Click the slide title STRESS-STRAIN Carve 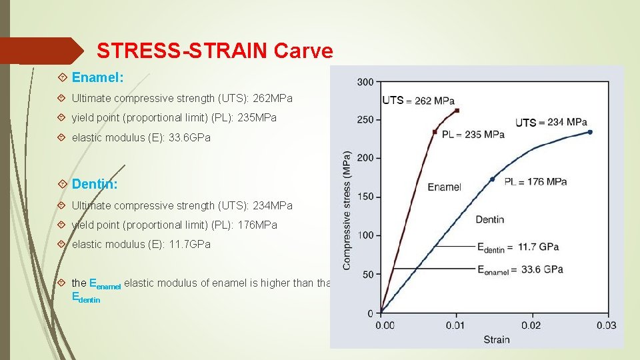point(214,51)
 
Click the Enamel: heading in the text point(97,78)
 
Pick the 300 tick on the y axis point(365,82)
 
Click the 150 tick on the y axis point(365,197)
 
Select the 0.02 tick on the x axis point(531,325)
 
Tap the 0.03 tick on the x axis point(606,325)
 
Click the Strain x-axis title point(497,339)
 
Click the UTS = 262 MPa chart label point(418,101)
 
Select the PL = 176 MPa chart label point(535,181)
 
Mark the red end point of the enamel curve point(457,110)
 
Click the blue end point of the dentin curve point(589,132)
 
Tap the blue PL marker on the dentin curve point(493,179)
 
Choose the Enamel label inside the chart point(444,187)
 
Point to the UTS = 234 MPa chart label point(551,123)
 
